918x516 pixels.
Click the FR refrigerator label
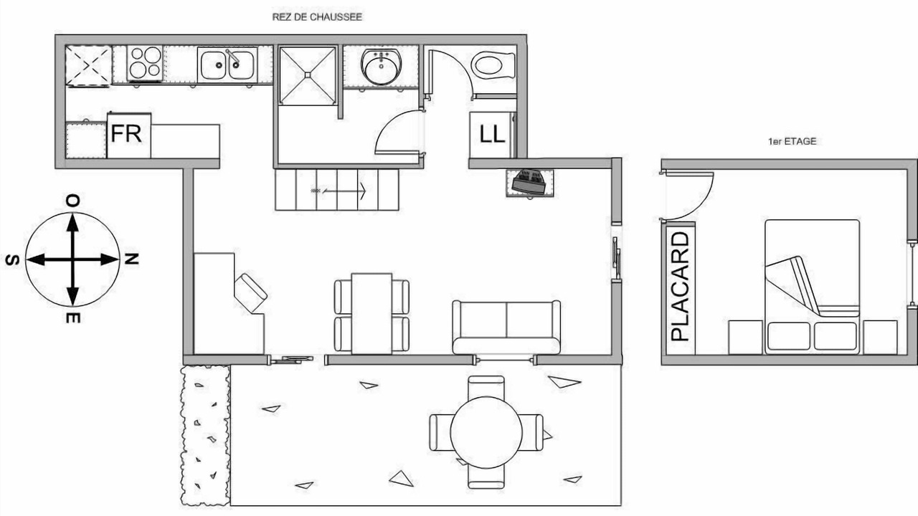(x=126, y=133)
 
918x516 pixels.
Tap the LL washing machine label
(x=492, y=134)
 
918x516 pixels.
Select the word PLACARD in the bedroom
(x=681, y=287)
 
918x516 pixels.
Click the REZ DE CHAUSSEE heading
(x=317, y=17)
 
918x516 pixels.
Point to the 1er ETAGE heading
(x=792, y=141)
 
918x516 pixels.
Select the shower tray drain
(x=308, y=75)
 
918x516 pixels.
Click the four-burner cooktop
(x=145, y=63)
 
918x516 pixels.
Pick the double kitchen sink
(x=227, y=64)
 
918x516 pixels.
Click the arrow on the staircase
(x=339, y=191)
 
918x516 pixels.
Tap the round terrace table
(x=486, y=431)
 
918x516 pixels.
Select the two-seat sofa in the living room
(x=506, y=328)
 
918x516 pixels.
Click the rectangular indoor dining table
(x=372, y=313)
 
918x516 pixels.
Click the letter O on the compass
(x=73, y=201)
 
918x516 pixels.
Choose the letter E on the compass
(x=73, y=317)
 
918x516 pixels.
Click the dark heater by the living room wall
(x=530, y=183)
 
